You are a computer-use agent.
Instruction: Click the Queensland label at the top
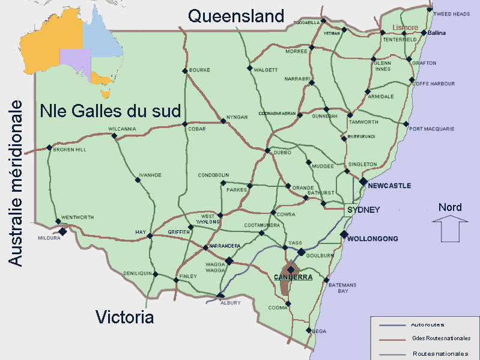[235, 16]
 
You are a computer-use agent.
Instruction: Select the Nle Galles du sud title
[111, 111]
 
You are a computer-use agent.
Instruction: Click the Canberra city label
[293, 277]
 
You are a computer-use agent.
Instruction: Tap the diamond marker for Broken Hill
[49, 147]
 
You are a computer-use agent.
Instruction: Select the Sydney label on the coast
[363, 210]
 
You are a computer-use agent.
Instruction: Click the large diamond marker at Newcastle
[363, 182]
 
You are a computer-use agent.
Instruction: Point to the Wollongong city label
[374, 239]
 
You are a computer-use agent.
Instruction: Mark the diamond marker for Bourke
[184, 71]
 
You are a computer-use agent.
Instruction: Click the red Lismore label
[405, 28]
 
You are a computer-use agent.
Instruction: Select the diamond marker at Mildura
[62, 231]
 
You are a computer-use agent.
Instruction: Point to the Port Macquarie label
[431, 129]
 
